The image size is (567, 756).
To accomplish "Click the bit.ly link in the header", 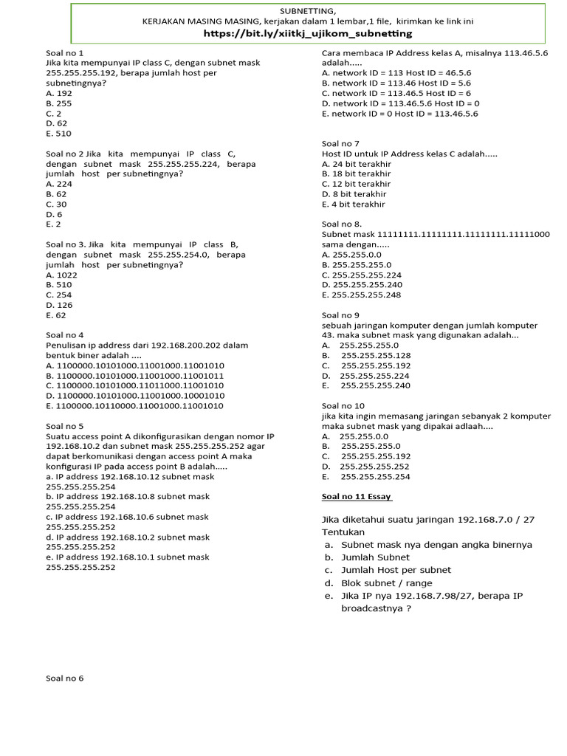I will click(x=307, y=34).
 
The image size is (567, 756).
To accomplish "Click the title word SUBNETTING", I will click(x=308, y=11).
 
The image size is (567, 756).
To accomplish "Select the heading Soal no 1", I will click(x=65, y=53).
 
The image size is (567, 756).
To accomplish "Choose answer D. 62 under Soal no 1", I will click(x=57, y=124).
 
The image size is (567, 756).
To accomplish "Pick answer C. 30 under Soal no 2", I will click(x=56, y=204).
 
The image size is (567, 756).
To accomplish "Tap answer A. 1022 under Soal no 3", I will click(x=61, y=275).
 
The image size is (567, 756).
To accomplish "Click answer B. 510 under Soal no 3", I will click(x=59, y=285).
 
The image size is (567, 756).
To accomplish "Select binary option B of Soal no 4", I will click(x=135, y=376).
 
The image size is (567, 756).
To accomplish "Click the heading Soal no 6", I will click(x=65, y=678).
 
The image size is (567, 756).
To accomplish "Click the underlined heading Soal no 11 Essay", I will click(x=357, y=496).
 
